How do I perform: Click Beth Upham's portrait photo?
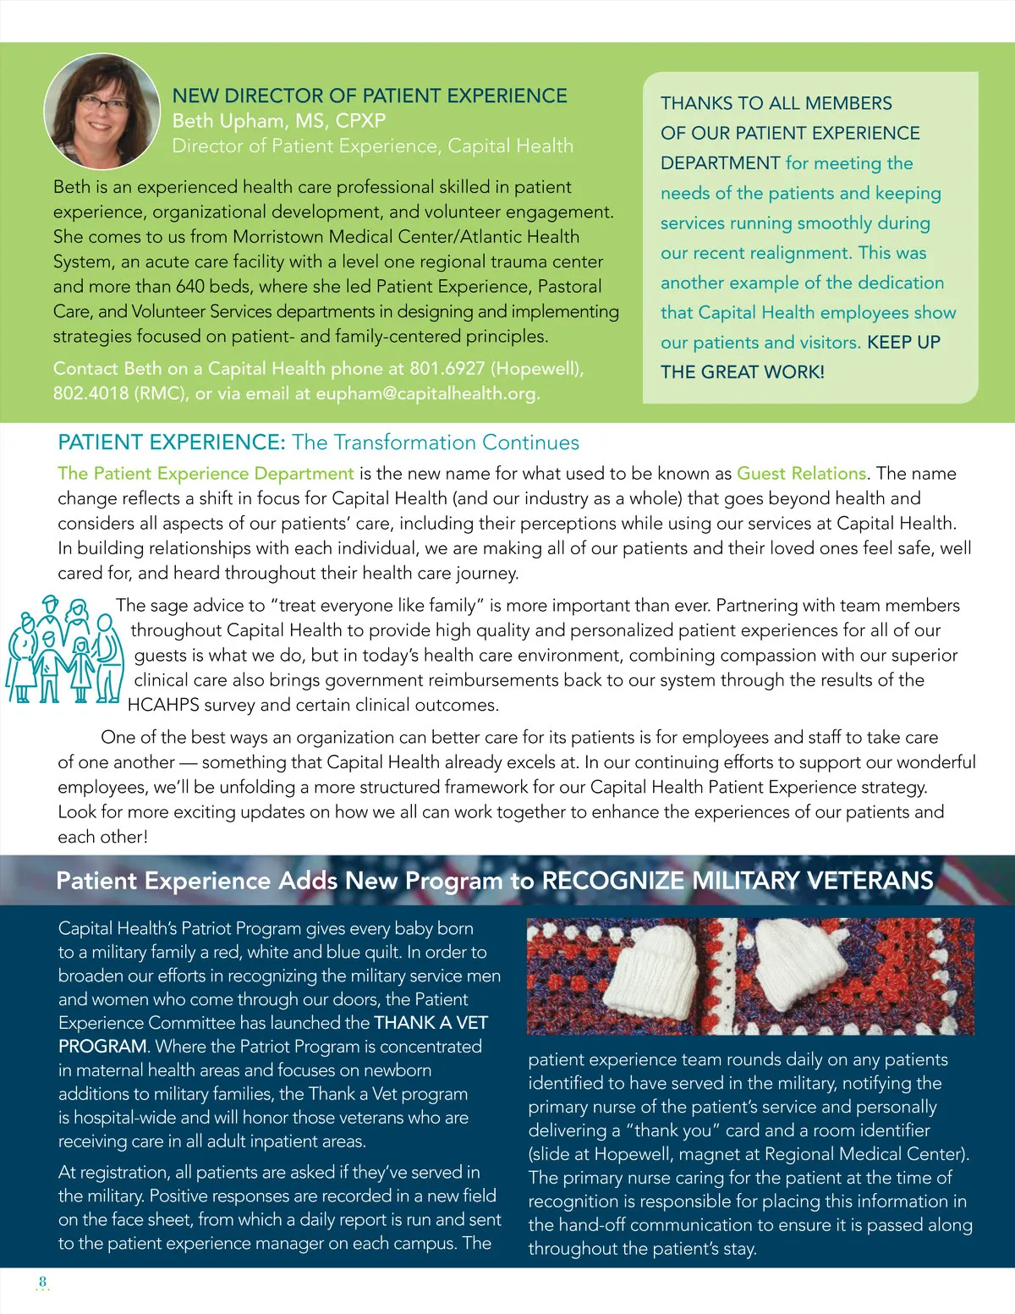coord(101,111)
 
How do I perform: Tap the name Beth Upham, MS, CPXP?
coord(278,121)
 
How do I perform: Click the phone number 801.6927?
coord(447,369)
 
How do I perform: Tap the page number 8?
coord(43,1282)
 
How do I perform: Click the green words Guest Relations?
coord(801,474)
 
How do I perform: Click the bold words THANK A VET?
coord(431,1023)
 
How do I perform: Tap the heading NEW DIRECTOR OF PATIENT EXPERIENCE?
coord(370,96)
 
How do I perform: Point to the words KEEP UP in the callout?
coord(903,343)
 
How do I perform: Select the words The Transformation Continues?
coord(436,443)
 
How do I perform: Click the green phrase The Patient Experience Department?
coord(206,474)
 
